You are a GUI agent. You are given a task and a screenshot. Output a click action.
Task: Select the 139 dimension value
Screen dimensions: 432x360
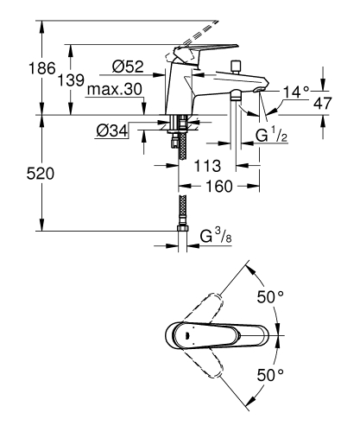coord(72,79)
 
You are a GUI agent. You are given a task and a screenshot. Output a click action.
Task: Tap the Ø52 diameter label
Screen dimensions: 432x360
coord(127,66)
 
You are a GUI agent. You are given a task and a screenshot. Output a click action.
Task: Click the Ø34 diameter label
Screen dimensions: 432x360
coord(113,131)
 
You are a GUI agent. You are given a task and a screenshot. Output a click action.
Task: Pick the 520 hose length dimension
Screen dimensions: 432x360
coord(20,174)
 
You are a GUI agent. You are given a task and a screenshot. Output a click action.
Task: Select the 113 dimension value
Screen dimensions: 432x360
coord(205,164)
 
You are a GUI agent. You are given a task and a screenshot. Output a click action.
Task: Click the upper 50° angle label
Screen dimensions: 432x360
coord(270,296)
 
